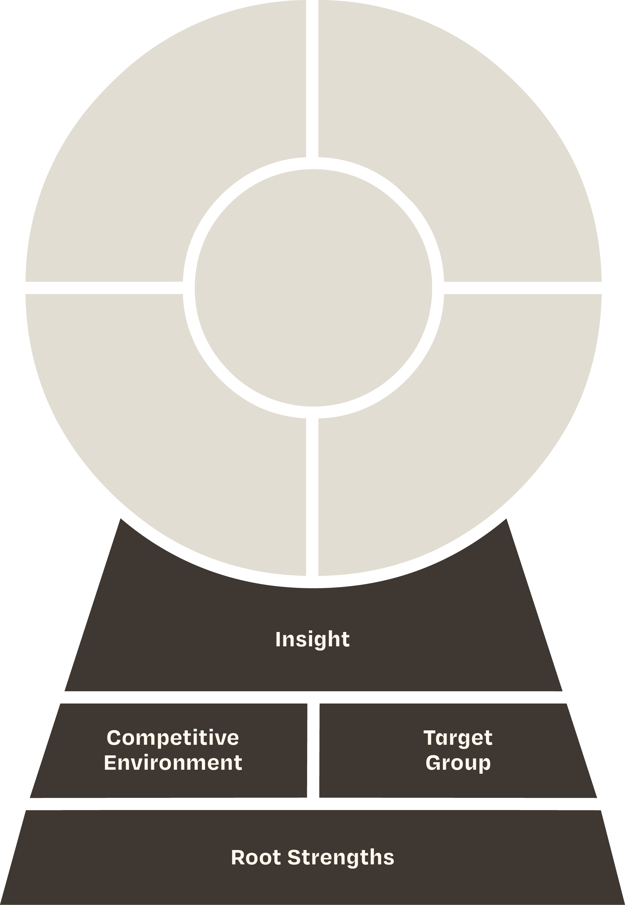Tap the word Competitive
(173, 738)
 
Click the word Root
(256, 857)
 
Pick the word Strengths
(341, 858)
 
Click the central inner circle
(313, 288)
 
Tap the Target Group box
(458, 750)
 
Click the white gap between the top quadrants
(312, 78)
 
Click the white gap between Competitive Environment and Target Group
(313, 750)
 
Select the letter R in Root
(238, 857)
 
